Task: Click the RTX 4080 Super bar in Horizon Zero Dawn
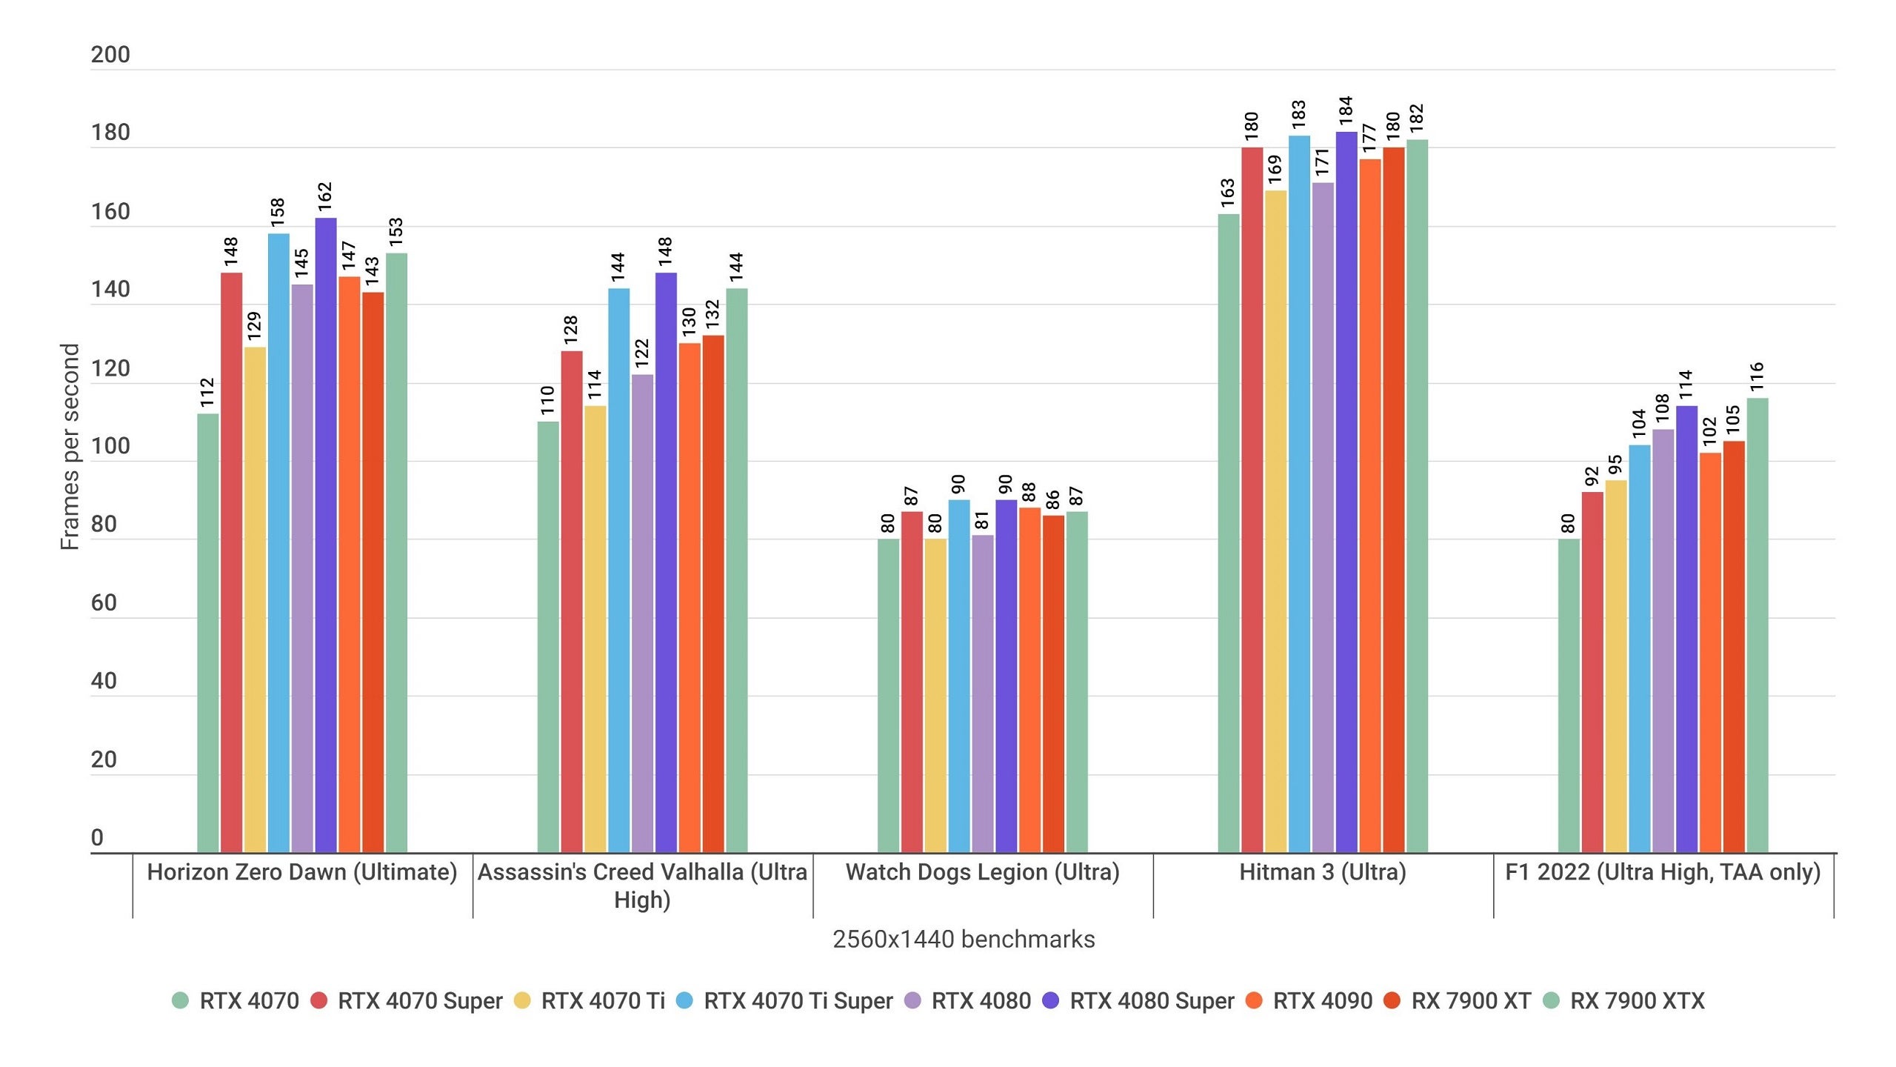pyautogui.click(x=326, y=533)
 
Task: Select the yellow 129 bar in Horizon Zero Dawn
pyautogui.click(x=255, y=600)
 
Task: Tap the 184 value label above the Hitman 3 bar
pyautogui.click(x=1346, y=110)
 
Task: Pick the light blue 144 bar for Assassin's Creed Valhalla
pyautogui.click(x=618, y=571)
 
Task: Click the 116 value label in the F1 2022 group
pyautogui.click(x=1757, y=376)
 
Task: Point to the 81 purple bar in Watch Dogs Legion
pyautogui.click(x=983, y=693)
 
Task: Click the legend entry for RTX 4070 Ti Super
pyautogui.click(x=797, y=1001)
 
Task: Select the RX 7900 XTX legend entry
pyautogui.click(x=1637, y=1001)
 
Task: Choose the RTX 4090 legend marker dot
pyautogui.click(x=1254, y=1001)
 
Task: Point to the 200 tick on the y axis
pyautogui.click(x=110, y=55)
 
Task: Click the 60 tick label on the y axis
pyautogui.click(x=104, y=603)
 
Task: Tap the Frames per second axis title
pyautogui.click(x=70, y=447)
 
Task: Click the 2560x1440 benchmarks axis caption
pyautogui.click(x=964, y=940)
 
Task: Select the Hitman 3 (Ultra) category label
pyautogui.click(x=1323, y=872)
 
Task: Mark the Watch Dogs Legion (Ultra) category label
pyautogui.click(x=982, y=872)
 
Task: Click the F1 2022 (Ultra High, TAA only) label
pyautogui.click(x=1663, y=872)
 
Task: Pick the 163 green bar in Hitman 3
pyautogui.click(x=1229, y=533)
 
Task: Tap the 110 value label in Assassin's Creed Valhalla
pyautogui.click(x=547, y=400)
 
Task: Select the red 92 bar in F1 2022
pyautogui.click(x=1592, y=671)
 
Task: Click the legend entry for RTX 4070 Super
pyautogui.click(x=419, y=1001)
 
